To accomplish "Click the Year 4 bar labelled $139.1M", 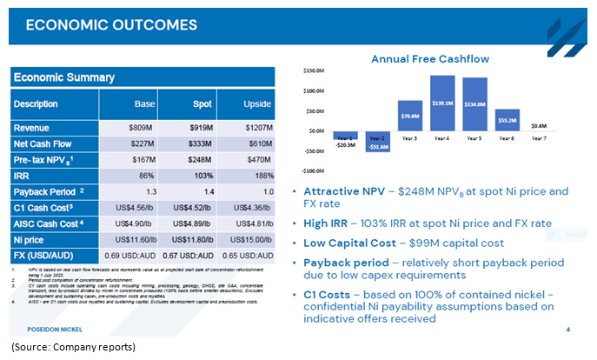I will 442,103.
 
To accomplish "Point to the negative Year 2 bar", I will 378,142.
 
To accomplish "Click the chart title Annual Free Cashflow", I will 429,59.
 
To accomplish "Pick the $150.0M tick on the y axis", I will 314,70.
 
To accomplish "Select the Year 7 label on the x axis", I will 539,137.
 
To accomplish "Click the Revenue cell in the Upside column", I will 256,128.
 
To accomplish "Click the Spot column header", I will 202,104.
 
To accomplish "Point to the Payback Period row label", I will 49,190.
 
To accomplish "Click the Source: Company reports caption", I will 74,348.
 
